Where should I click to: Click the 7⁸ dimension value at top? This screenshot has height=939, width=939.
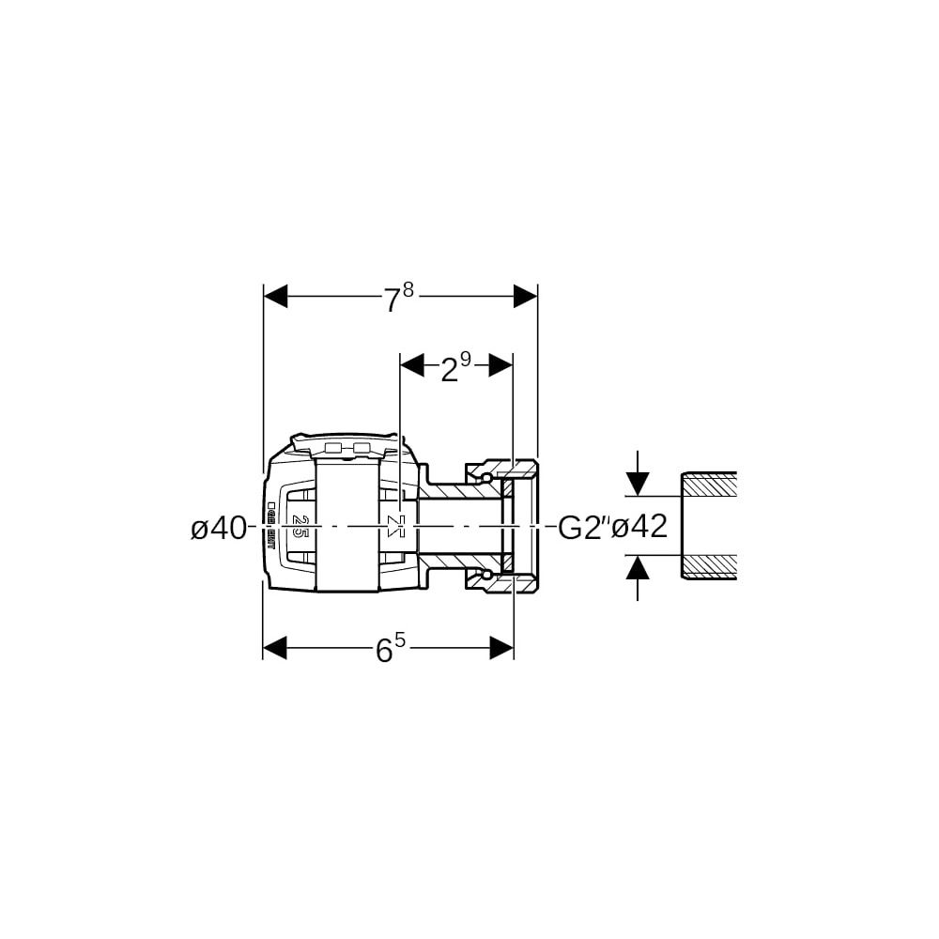click(397, 299)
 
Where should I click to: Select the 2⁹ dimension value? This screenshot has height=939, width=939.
click(454, 367)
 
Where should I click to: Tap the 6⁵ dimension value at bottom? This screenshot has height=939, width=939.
click(391, 649)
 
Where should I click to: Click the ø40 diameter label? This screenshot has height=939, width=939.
click(218, 529)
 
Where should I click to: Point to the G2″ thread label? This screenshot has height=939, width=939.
click(584, 528)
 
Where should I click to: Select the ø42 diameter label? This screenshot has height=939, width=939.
click(639, 528)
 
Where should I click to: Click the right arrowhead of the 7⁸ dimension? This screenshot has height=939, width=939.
click(525, 298)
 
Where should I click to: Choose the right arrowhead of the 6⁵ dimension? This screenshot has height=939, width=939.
click(501, 647)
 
